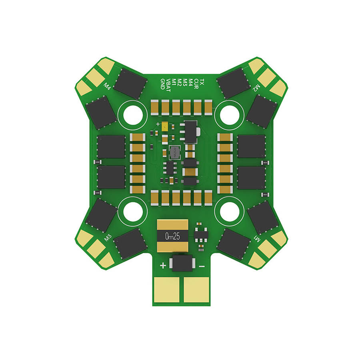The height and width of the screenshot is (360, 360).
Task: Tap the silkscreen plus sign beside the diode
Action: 163,266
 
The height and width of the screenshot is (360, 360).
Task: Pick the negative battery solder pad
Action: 196,290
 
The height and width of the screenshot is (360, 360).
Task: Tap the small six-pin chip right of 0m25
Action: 200,235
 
